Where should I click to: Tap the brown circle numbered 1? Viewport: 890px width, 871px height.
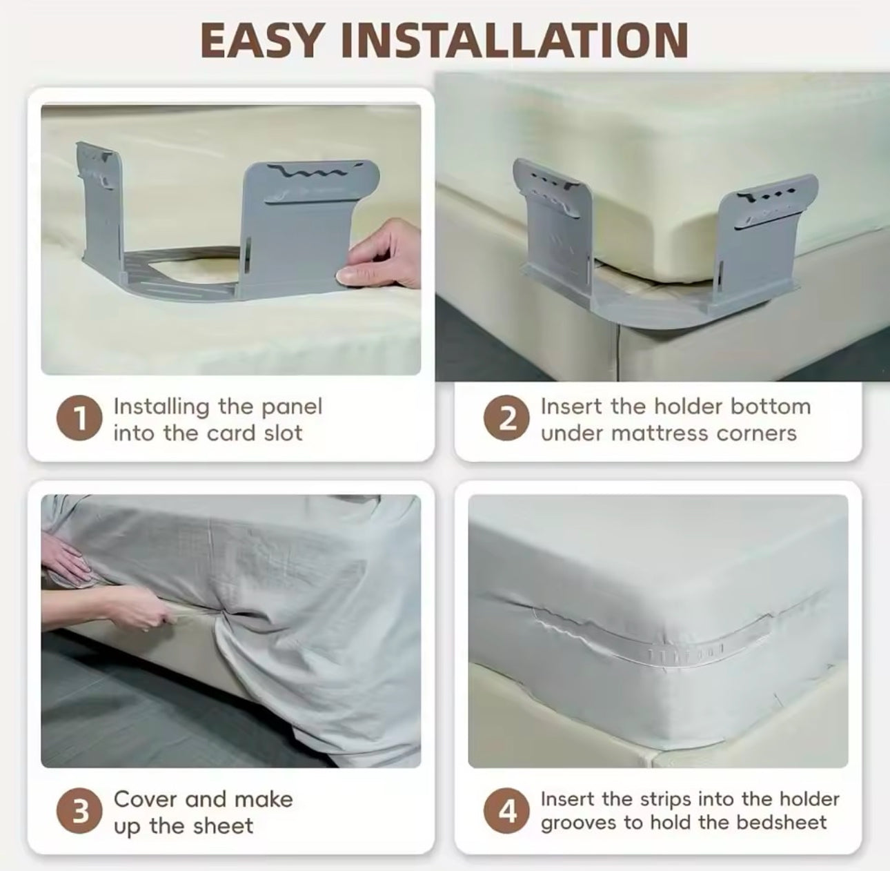tap(79, 418)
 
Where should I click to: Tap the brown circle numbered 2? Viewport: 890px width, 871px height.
tap(506, 418)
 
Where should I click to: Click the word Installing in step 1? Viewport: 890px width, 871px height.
tap(161, 407)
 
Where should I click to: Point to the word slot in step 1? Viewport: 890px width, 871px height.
tap(283, 433)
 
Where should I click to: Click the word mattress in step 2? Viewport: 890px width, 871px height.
tap(660, 433)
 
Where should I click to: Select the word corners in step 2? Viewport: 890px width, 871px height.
tap(756, 433)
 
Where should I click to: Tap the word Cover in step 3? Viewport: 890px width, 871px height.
tap(146, 799)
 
